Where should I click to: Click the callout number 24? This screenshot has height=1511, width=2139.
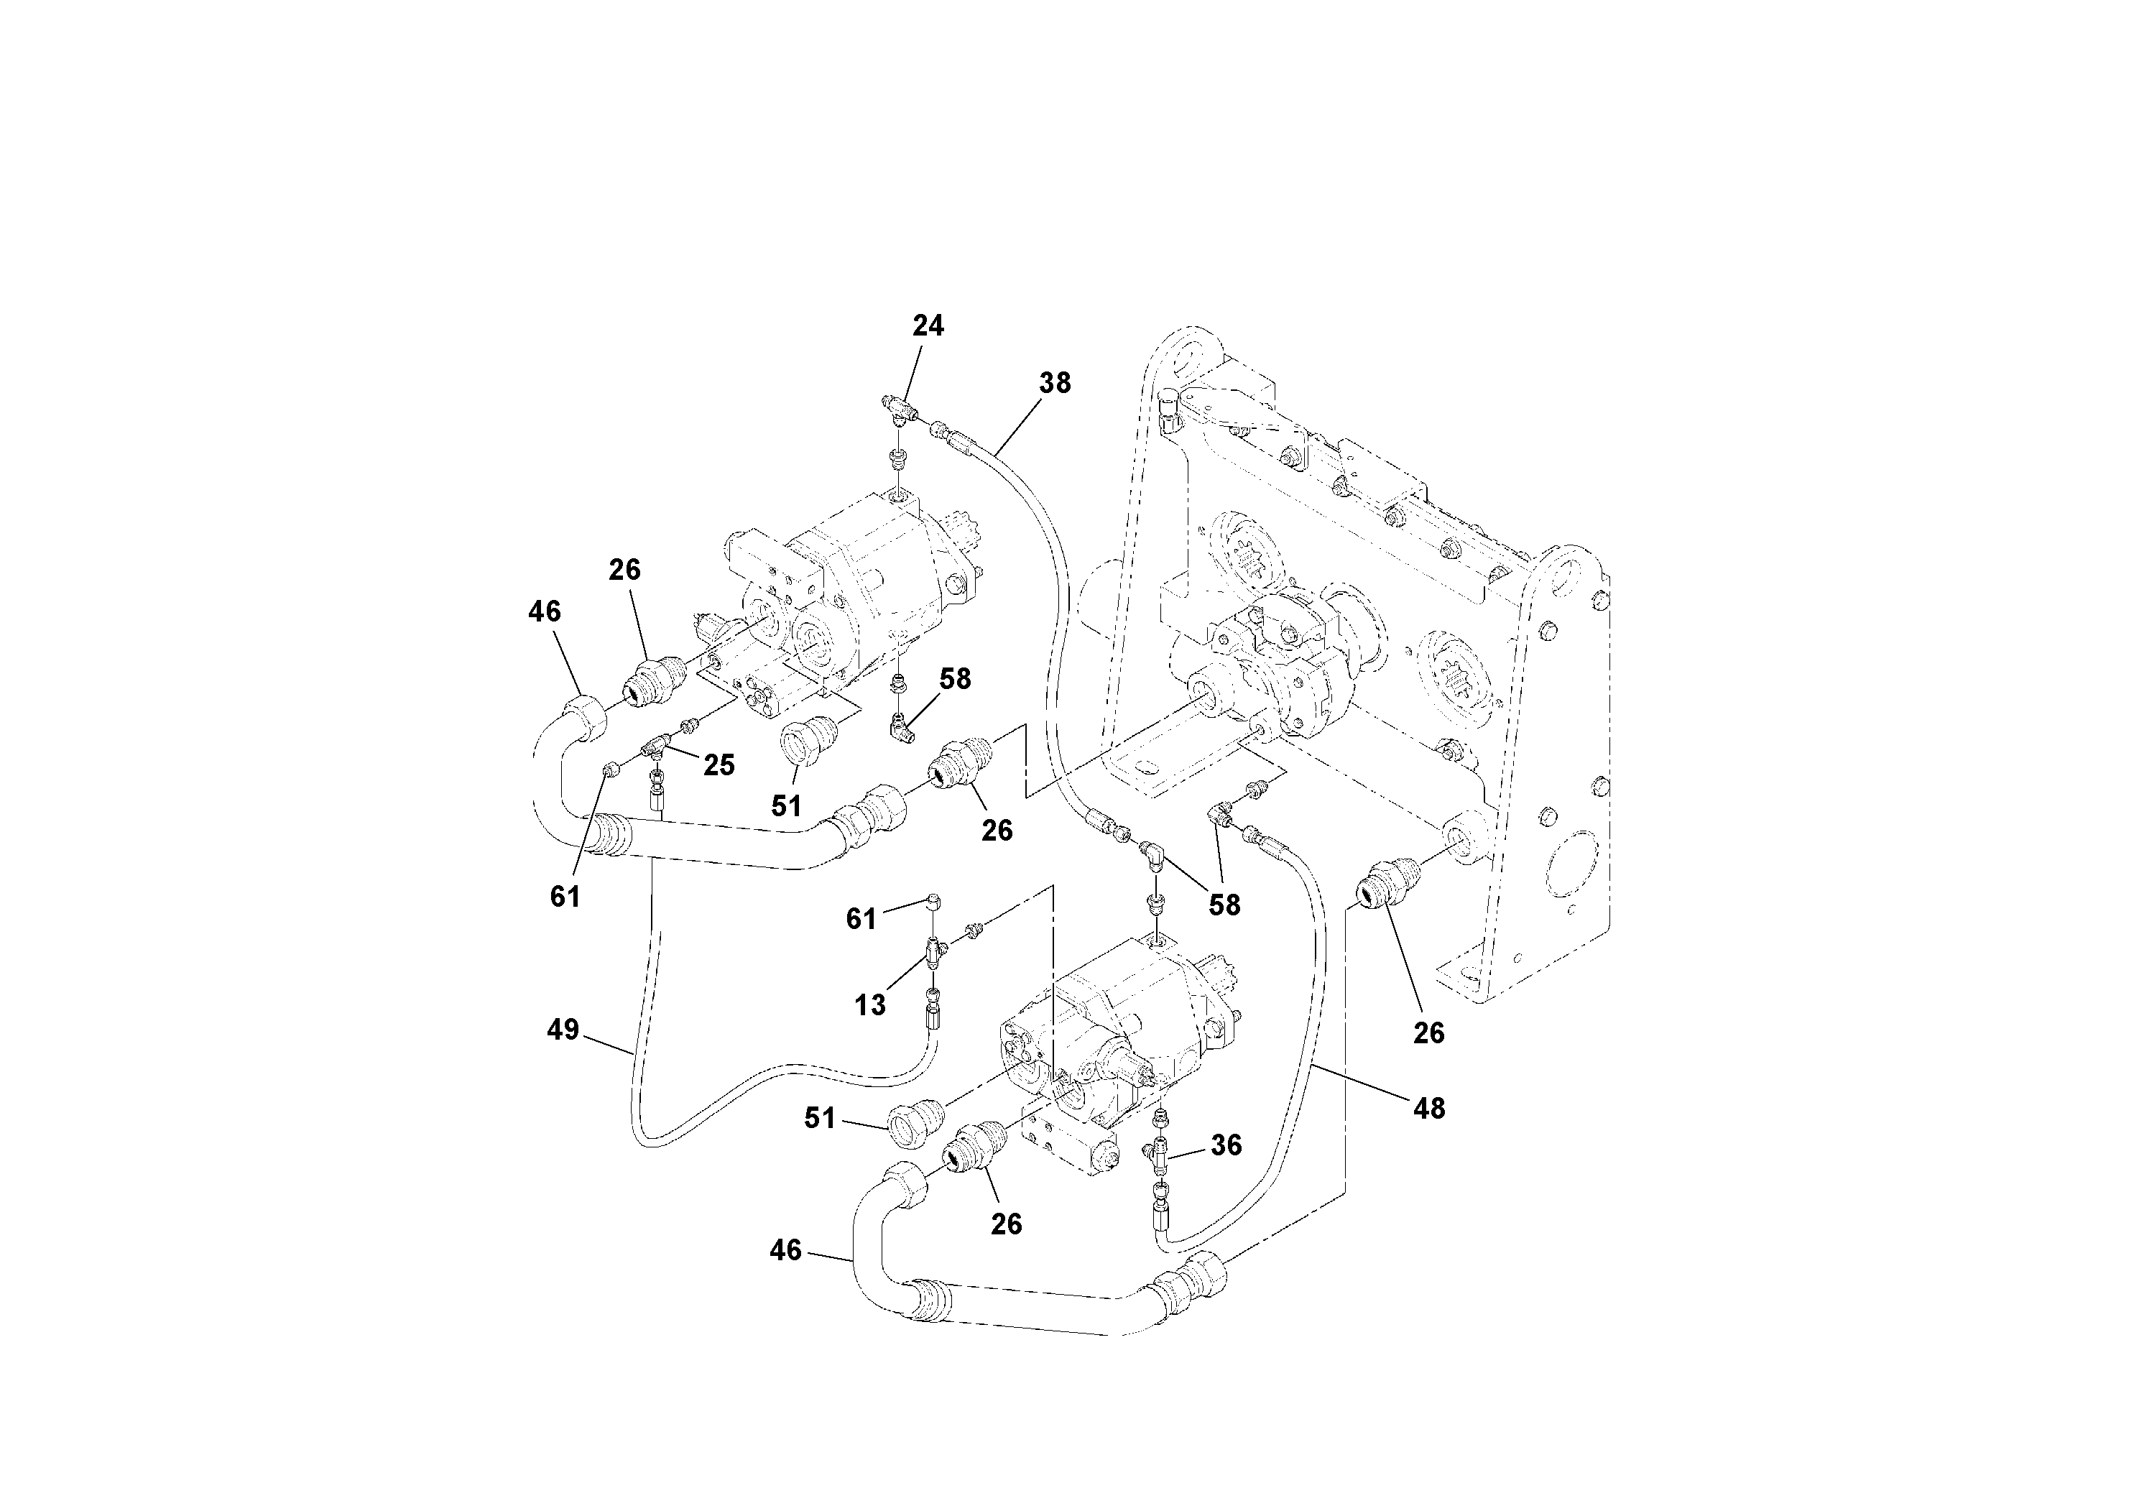point(928,326)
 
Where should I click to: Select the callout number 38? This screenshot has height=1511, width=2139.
point(1055,383)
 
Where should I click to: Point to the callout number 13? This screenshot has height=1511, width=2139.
point(870,1005)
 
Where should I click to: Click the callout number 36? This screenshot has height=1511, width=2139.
point(1226,1145)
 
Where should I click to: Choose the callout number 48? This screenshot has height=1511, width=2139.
point(1428,1109)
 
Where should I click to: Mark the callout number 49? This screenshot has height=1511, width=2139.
point(563,1030)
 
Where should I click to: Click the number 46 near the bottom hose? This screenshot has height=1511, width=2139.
point(785,1251)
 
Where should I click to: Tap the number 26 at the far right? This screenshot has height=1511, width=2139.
point(1428,1033)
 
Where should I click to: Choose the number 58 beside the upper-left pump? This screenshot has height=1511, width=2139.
point(955,679)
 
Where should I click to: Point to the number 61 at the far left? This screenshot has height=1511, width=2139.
point(565,896)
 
